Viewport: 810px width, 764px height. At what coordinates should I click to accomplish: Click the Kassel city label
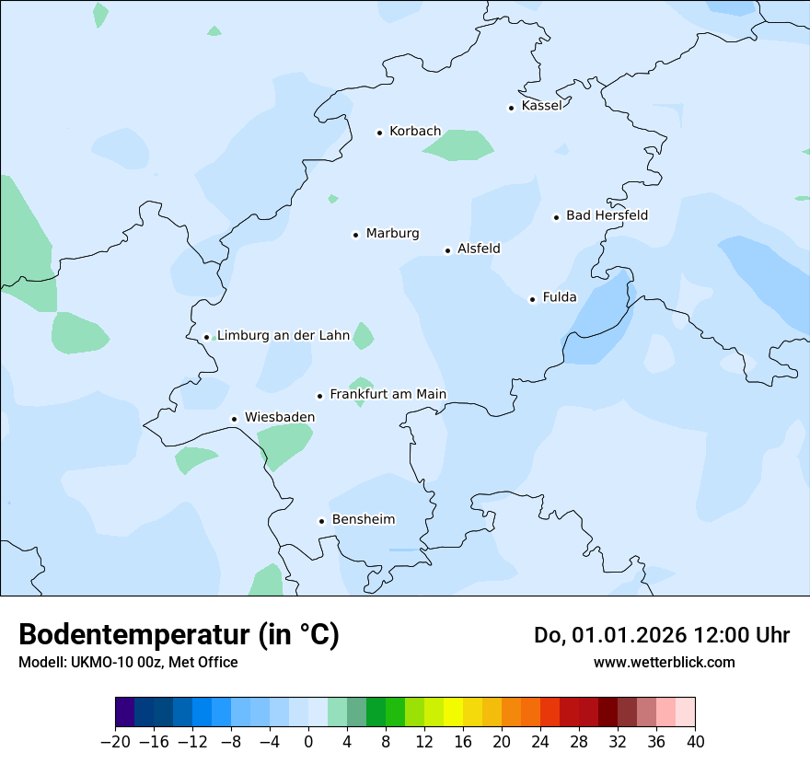(x=541, y=106)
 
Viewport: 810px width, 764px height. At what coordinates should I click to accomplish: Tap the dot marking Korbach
(x=379, y=133)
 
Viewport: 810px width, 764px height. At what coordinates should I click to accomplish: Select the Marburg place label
(x=392, y=234)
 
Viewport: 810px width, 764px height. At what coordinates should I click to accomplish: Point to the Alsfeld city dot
(x=448, y=250)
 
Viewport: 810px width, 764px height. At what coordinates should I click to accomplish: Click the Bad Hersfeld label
(x=607, y=215)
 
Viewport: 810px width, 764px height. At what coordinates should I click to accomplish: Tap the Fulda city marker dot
(x=532, y=299)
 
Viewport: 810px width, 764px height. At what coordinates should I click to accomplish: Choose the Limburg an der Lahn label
(x=283, y=336)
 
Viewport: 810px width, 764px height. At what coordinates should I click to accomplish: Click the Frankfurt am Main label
(x=388, y=395)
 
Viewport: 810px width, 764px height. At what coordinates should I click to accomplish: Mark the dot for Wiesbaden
(x=235, y=419)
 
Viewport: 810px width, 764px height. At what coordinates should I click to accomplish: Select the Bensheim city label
(x=363, y=520)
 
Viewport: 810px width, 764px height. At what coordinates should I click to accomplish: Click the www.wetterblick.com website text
(x=664, y=662)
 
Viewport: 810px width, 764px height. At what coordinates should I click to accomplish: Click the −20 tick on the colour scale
(x=115, y=741)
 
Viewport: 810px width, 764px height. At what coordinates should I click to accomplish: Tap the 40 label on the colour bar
(x=695, y=741)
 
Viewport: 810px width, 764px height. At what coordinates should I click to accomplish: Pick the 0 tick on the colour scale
(x=308, y=741)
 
